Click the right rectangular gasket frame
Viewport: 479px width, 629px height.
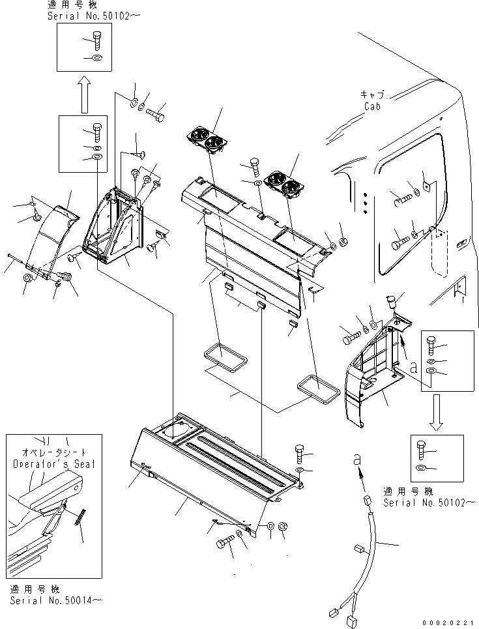coord(319,387)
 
